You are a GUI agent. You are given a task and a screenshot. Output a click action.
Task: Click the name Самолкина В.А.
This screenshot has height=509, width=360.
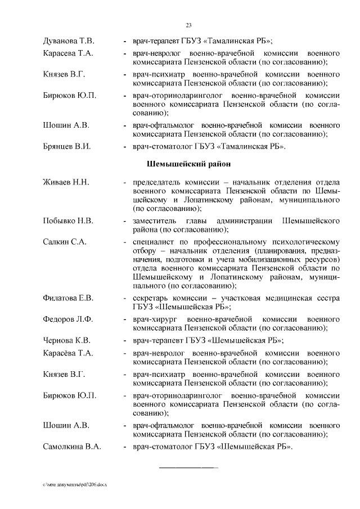(72, 447)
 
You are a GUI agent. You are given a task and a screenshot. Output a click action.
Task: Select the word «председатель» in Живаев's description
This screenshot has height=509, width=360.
(157, 183)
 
